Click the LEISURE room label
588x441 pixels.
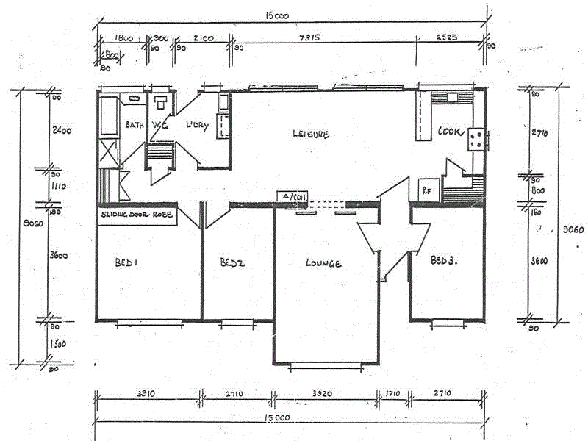click(311, 134)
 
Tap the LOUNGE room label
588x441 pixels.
click(323, 263)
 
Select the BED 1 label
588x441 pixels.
click(126, 262)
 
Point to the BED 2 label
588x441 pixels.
click(232, 262)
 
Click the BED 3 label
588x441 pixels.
click(444, 260)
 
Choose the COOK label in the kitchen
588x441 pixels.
click(449, 132)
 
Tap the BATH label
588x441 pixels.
click(134, 125)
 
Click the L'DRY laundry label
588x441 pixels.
click(197, 126)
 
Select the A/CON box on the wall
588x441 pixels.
click(291, 197)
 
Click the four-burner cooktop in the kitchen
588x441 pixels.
click(475, 139)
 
